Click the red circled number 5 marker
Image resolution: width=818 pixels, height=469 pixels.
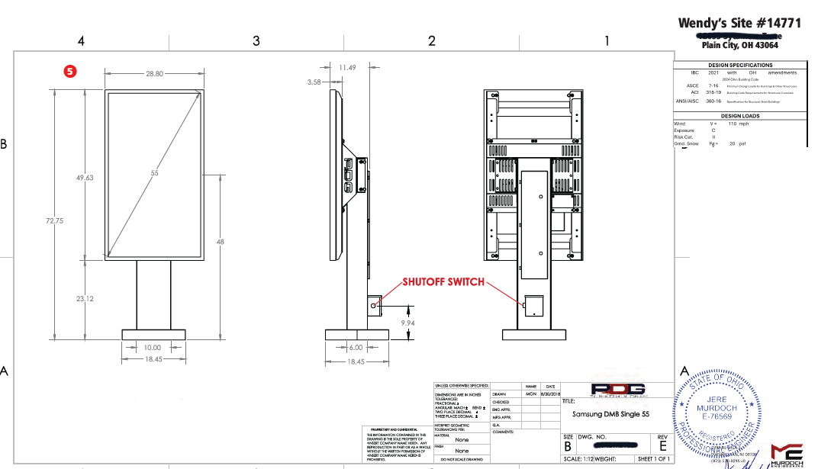70,71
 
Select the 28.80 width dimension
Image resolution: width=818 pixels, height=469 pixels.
154,74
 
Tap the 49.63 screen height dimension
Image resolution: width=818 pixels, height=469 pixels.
85,178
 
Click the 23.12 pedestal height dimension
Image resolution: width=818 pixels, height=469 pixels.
85,299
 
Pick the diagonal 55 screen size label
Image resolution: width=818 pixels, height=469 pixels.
154,174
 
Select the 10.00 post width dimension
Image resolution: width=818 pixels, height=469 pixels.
153,348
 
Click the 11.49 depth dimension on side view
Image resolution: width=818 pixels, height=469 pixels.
347,68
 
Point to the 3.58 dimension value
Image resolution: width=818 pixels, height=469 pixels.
314,81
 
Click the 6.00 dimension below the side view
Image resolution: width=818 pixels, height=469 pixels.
356,348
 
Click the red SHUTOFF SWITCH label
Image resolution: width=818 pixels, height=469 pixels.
443,282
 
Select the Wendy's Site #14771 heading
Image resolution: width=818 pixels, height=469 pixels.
739,23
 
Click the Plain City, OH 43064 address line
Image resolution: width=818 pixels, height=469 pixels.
739,45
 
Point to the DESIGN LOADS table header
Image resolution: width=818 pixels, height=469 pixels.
739,116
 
